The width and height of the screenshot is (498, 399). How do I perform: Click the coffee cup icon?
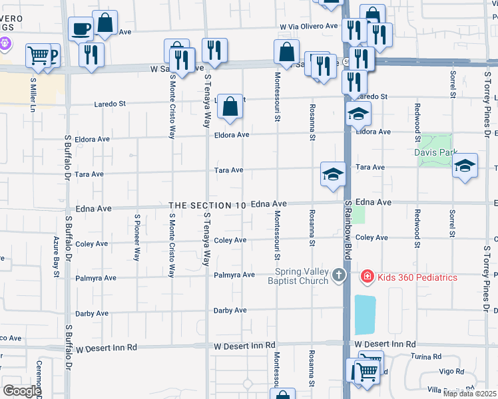[81, 29]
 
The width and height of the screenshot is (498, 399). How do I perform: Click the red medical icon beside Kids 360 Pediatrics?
[367, 276]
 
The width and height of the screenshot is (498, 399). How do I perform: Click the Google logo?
[22, 390]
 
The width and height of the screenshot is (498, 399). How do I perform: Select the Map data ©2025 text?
[470, 394]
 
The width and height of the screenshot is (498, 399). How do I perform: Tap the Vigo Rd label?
[451, 371]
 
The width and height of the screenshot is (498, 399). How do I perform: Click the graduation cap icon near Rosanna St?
[333, 174]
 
